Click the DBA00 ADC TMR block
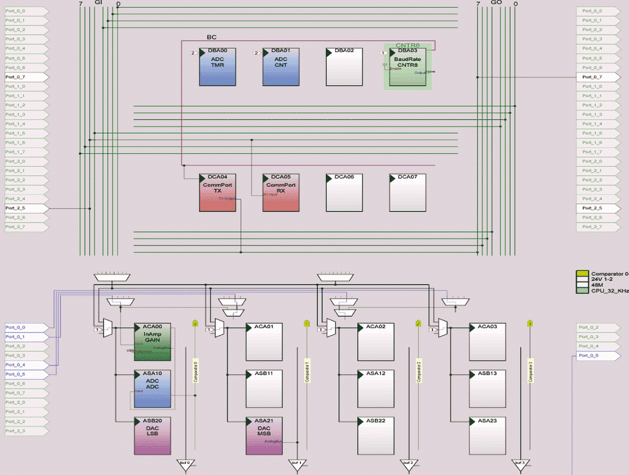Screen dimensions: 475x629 click(x=218, y=67)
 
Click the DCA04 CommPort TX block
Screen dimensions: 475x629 click(x=218, y=193)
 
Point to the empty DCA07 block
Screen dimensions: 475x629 click(x=407, y=193)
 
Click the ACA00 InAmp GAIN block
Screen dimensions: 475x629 click(x=152, y=342)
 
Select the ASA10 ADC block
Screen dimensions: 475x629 click(x=152, y=389)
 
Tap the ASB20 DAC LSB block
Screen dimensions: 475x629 click(x=152, y=436)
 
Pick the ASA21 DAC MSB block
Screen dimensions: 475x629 click(x=264, y=436)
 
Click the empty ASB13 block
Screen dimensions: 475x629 click(x=487, y=389)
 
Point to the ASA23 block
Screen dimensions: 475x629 click(x=487, y=436)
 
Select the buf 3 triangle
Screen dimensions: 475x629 click(x=519, y=464)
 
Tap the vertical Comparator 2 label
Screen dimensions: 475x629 click(x=419, y=371)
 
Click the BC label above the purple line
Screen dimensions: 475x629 click(x=212, y=37)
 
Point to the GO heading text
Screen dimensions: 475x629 click(x=497, y=3)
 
